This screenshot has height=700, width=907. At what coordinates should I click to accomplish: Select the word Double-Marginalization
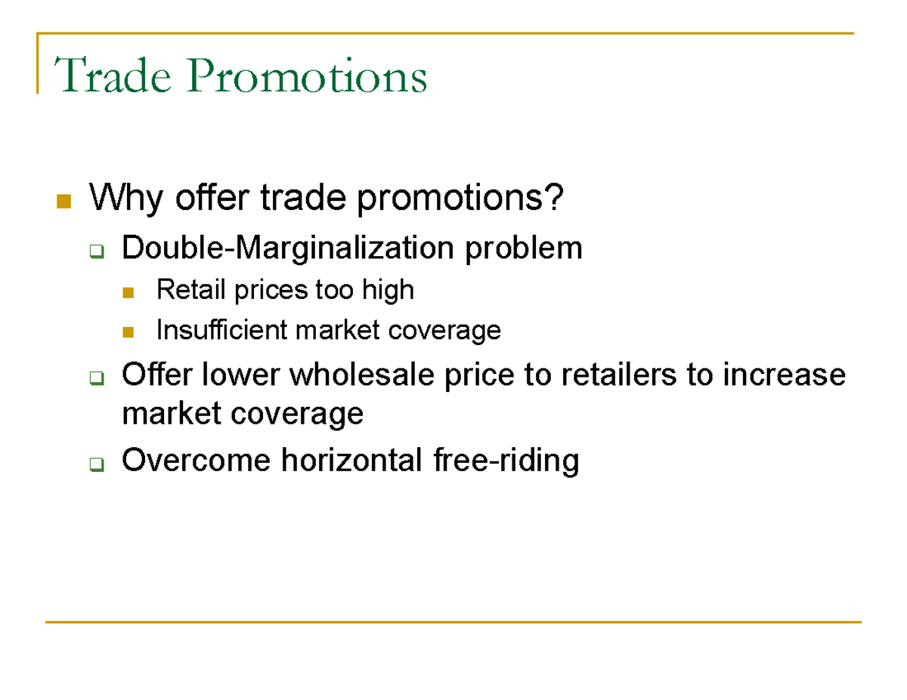point(288,248)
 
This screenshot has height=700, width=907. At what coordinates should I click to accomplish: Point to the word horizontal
point(354,460)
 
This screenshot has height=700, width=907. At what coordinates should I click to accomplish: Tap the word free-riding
point(506,460)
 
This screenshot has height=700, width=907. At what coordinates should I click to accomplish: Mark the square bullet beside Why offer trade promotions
point(63,202)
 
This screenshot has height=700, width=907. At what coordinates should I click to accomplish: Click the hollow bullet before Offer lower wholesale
point(96,378)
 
